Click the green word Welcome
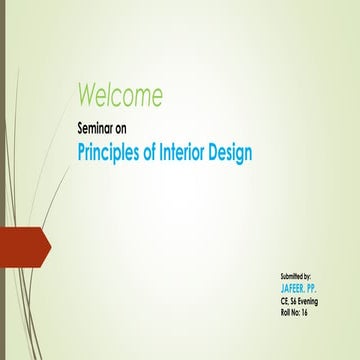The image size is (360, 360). (x=119, y=96)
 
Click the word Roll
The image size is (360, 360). (x=287, y=312)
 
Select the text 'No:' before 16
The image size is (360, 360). (x=300, y=312)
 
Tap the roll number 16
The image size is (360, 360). (x=312, y=312)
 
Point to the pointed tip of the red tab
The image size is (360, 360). (x=49, y=243)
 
